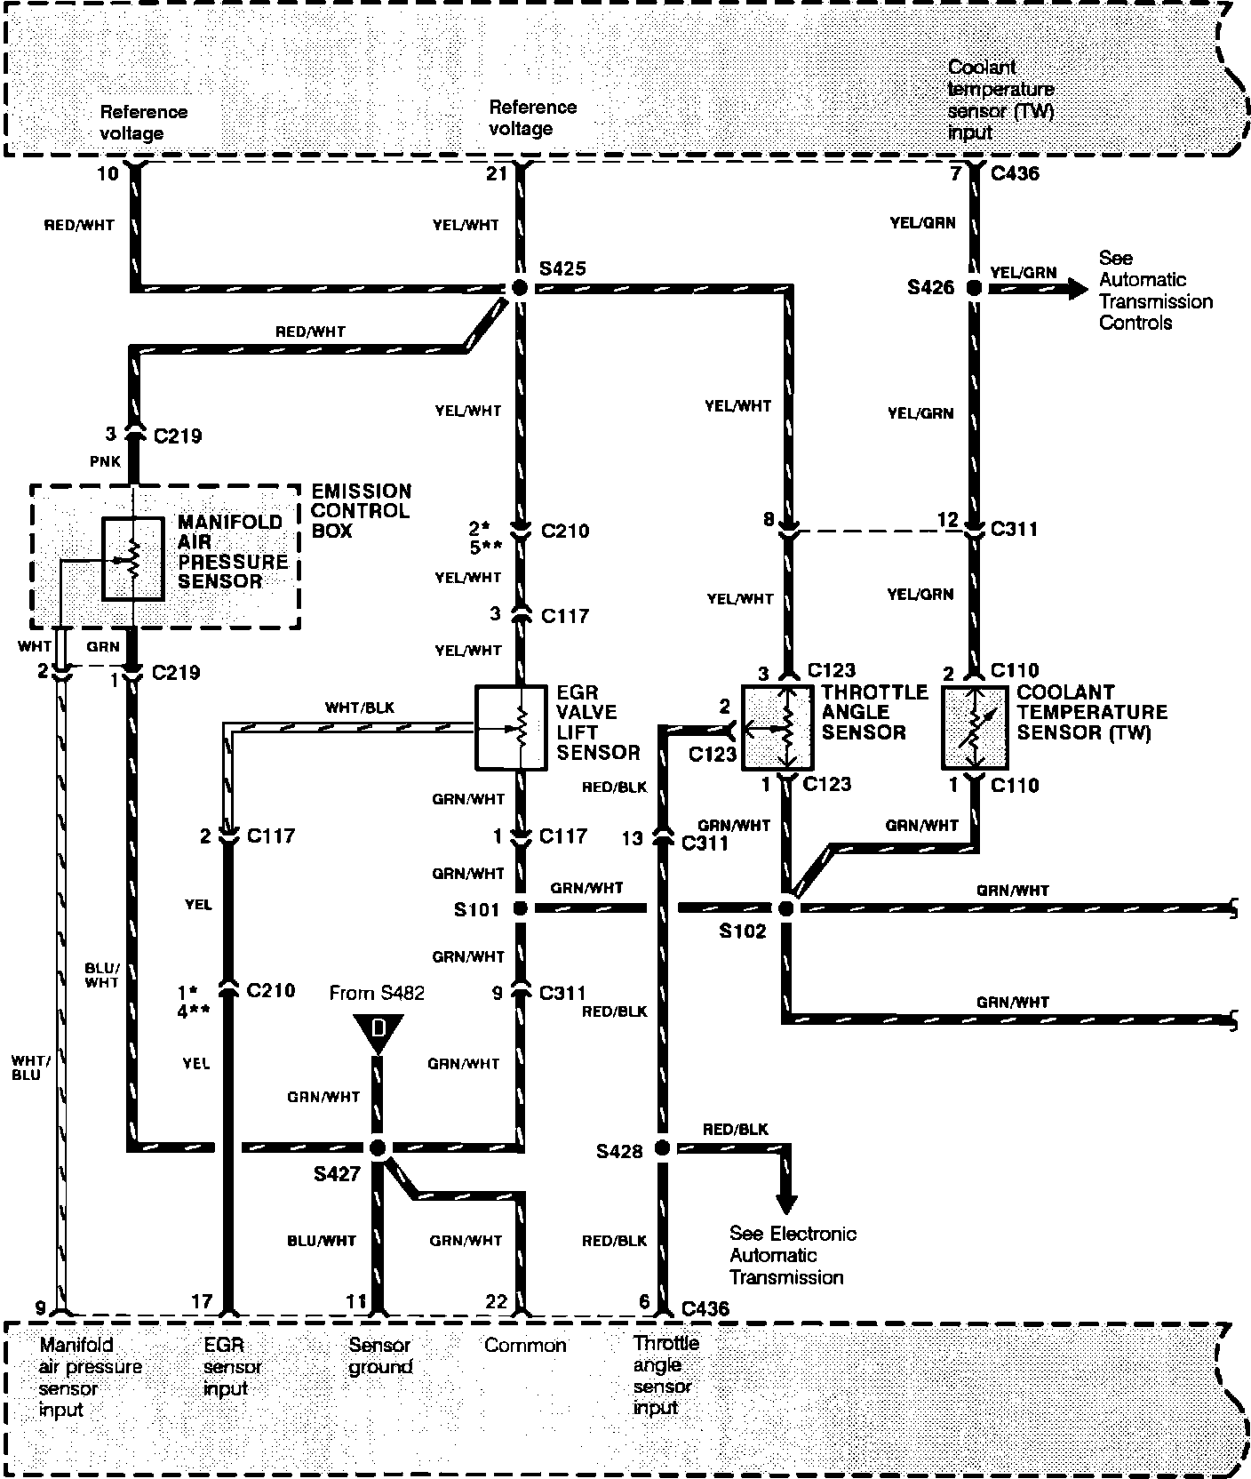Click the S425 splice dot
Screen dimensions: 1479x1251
coord(520,287)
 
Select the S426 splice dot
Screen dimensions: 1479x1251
coord(974,287)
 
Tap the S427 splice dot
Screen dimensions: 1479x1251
coord(378,1147)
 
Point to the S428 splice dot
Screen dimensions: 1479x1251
coord(662,1147)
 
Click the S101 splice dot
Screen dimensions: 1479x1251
coord(520,908)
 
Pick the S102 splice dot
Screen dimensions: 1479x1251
coord(785,908)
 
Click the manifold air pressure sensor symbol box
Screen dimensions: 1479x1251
coord(132,558)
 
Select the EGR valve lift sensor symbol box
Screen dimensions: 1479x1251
coord(511,727)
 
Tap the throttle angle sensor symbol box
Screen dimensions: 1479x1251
coord(777,727)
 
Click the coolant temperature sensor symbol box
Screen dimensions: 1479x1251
coord(975,727)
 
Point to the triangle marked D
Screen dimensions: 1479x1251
coord(378,1031)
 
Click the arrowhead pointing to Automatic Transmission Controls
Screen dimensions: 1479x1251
coord(1076,288)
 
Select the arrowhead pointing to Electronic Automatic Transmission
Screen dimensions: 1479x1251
coord(785,1203)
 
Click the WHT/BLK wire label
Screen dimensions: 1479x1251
coord(360,708)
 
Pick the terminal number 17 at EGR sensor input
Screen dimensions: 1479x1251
coord(202,1302)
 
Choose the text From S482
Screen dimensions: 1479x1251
coord(377,993)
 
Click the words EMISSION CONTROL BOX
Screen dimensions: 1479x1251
coord(361,511)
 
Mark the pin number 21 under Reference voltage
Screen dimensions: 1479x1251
coord(496,173)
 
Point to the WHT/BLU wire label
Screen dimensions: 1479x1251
coord(27,1067)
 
